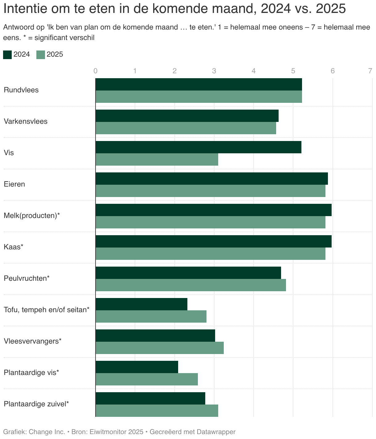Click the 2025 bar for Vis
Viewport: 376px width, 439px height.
click(157, 159)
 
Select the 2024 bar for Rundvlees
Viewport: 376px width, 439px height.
click(199, 84)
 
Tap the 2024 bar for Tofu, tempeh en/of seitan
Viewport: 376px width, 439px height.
click(141, 304)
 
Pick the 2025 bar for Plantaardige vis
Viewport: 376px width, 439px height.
click(146, 379)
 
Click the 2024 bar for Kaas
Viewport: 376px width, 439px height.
click(214, 241)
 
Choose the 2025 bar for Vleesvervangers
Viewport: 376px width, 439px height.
click(160, 348)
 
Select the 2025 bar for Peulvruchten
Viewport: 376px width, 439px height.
click(191, 285)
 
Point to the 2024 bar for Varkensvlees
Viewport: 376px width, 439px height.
click(187, 116)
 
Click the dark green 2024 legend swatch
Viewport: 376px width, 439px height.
click(7, 55)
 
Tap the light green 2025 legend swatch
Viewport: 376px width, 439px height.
click(41, 55)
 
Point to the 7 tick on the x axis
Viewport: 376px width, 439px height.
click(370, 71)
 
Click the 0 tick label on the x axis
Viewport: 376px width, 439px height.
click(96, 71)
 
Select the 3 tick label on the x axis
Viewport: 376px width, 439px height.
click(214, 71)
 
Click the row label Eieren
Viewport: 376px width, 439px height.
click(14, 184)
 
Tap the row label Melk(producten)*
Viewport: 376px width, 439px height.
click(32, 215)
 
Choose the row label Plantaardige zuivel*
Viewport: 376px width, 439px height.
click(36, 404)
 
